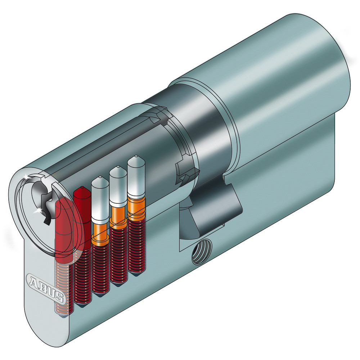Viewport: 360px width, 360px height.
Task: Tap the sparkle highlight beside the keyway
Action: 39,210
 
